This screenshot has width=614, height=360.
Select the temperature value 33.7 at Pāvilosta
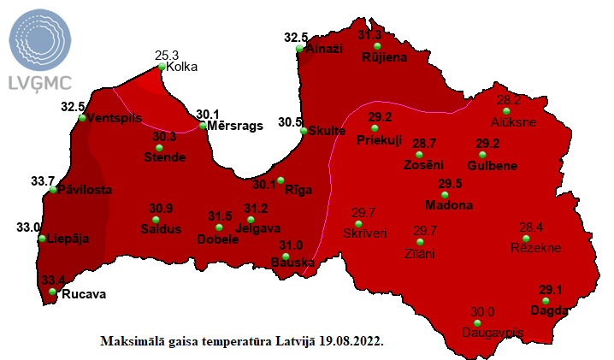[x=43, y=181]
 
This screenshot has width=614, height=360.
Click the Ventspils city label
[x=115, y=118]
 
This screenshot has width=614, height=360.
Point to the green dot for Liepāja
[x=43, y=239]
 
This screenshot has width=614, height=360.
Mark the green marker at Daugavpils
[x=477, y=323]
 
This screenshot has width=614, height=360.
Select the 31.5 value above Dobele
[x=220, y=216]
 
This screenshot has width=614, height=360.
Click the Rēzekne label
[x=535, y=248]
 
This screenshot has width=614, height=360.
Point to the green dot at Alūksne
[x=506, y=111]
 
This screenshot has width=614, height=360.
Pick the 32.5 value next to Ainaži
[x=296, y=38]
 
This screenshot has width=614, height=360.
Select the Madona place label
[x=450, y=206]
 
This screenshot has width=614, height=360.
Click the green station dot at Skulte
[x=304, y=131]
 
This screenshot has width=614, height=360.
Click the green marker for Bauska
[x=285, y=257]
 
